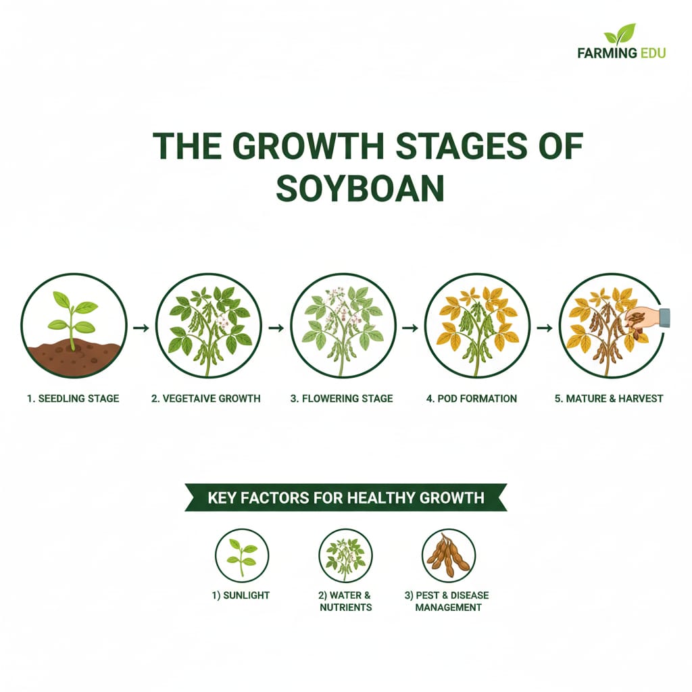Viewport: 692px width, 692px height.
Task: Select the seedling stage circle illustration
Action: tap(74, 326)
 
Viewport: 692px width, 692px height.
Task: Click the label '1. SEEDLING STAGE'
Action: tap(73, 398)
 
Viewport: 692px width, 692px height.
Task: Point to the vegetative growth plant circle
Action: tap(209, 326)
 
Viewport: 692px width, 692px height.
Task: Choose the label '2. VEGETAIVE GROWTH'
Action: tap(205, 398)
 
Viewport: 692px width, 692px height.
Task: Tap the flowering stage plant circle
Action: tap(343, 326)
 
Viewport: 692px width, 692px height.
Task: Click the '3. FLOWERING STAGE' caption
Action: tap(341, 398)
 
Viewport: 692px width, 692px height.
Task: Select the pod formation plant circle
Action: tap(477, 326)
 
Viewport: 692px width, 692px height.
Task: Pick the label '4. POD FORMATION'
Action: tap(472, 398)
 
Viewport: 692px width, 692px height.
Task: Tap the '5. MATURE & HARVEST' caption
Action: tap(608, 398)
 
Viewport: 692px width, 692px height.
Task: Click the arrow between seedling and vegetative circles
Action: tap(141, 328)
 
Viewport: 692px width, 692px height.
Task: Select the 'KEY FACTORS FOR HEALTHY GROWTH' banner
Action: tap(345, 498)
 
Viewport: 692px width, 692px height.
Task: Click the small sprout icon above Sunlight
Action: tap(241, 555)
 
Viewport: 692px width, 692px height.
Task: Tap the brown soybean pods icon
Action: tap(448, 555)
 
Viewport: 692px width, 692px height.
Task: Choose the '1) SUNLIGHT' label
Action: tap(241, 595)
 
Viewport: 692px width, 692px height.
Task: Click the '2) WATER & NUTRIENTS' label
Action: tap(345, 601)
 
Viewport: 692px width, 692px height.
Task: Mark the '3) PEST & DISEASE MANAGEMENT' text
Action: tap(447, 601)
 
